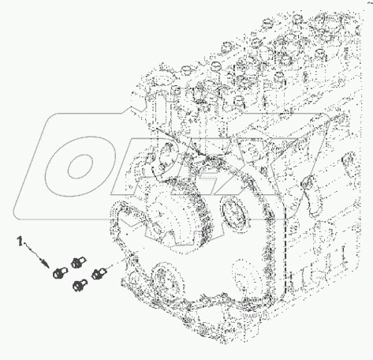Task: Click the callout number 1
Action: point(20,241)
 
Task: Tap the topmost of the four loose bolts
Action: point(78,262)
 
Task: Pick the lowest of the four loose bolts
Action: point(80,285)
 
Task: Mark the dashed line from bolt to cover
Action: point(115,264)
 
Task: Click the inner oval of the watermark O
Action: point(80,167)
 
